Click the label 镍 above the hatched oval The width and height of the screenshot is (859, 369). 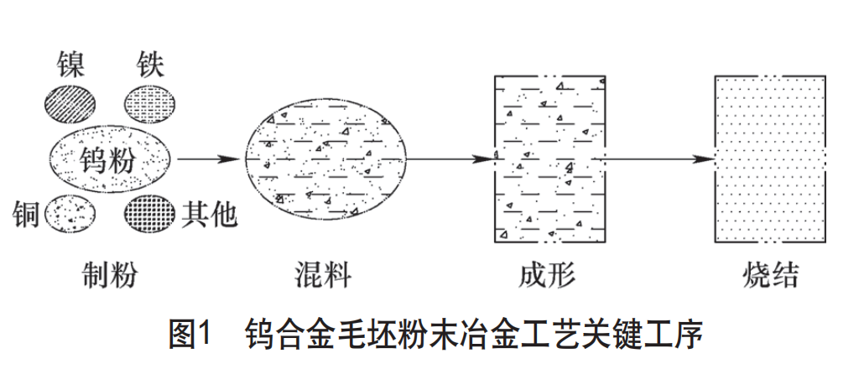pyautogui.click(x=71, y=62)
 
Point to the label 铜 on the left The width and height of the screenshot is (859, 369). pyautogui.click(x=26, y=216)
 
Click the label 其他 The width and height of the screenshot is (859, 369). pyautogui.click(x=209, y=216)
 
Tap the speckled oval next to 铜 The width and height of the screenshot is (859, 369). pyautogui.click(x=70, y=215)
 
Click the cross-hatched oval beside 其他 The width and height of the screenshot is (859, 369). pyautogui.click(x=151, y=216)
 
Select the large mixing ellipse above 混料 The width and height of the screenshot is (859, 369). pyautogui.click(x=326, y=159)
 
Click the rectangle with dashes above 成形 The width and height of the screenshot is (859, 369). pyautogui.click(x=549, y=159)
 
